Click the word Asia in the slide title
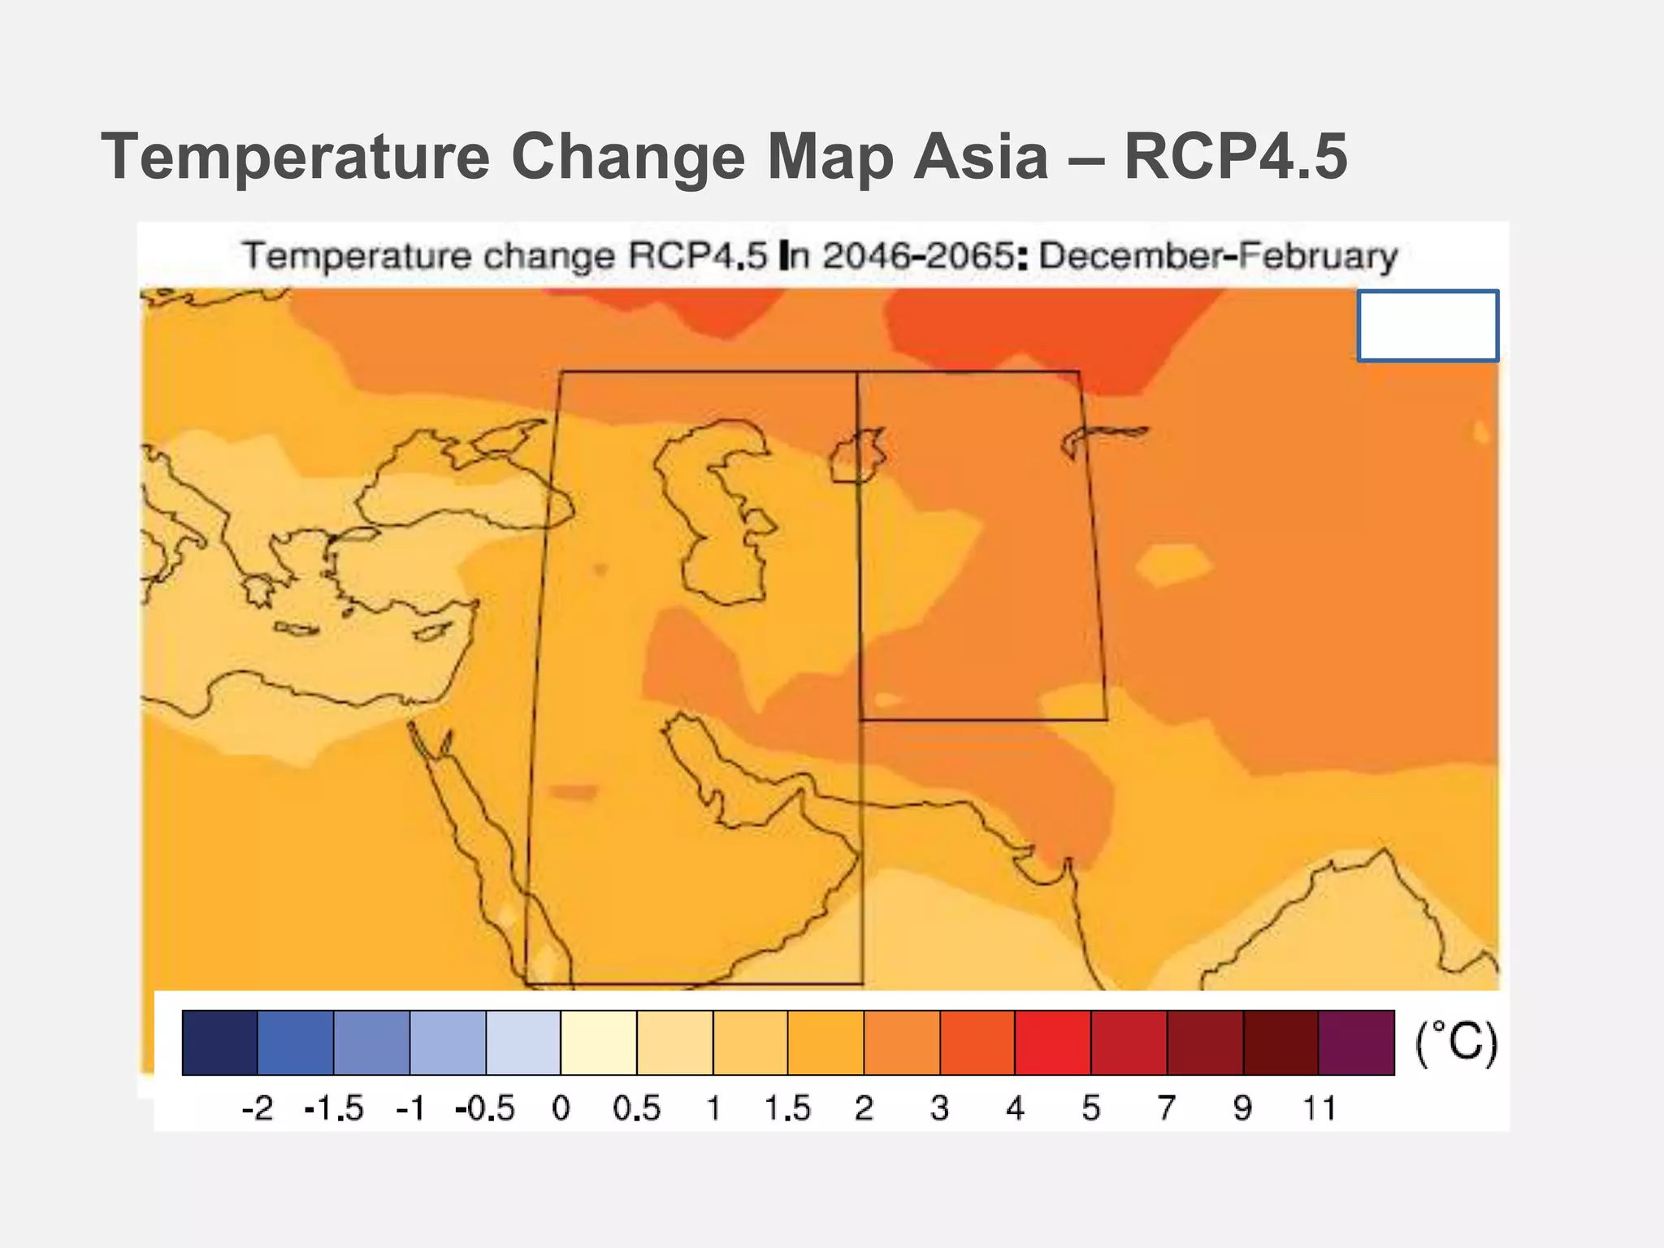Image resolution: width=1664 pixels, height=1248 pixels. (x=980, y=156)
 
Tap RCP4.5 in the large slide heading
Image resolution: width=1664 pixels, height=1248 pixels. (x=1235, y=156)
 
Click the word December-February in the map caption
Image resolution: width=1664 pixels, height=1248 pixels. (x=1217, y=256)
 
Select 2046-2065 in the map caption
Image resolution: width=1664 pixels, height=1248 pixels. (x=917, y=256)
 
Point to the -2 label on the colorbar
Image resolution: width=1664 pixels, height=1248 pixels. (x=258, y=1108)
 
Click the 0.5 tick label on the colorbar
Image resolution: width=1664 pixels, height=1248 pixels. (x=636, y=1108)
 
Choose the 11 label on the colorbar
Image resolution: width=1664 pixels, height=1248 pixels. (x=1319, y=1108)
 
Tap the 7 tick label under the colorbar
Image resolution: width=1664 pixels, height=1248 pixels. (x=1166, y=1108)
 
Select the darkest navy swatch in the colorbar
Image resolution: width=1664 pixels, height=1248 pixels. (x=219, y=1042)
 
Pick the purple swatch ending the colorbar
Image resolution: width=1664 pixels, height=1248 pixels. (x=1356, y=1042)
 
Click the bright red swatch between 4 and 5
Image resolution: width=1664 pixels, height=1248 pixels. (x=1052, y=1042)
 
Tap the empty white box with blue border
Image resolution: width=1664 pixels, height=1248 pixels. (x=1428, y=325)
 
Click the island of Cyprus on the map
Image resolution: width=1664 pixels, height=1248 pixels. (x=431, y=632)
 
